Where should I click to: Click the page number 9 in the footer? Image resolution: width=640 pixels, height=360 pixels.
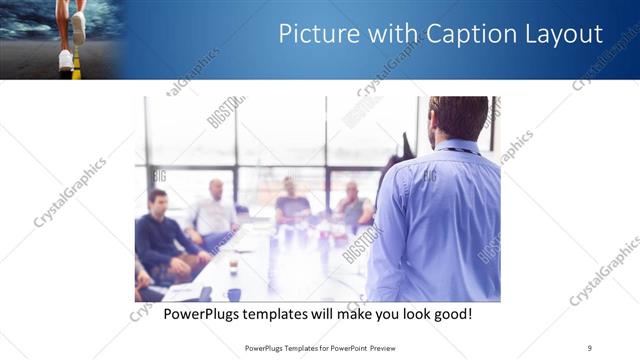[589, 347]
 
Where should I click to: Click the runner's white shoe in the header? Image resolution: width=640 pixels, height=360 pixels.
[65, 59]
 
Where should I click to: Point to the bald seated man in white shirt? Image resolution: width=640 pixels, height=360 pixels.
[214, 211]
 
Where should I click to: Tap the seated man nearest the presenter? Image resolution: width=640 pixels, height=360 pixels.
[353, 206]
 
